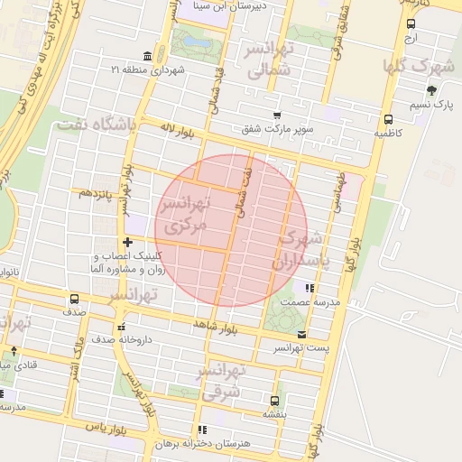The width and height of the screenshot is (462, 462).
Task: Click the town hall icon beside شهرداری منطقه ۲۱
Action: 147,55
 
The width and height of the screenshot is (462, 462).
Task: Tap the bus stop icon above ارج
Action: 411,24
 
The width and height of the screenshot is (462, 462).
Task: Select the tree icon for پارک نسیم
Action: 431,89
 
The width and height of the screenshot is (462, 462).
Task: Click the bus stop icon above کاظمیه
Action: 388,118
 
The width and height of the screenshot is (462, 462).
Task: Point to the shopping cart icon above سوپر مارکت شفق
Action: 276,115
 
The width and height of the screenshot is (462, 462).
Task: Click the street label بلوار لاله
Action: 177,133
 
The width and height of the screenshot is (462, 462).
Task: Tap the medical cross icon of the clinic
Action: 128,242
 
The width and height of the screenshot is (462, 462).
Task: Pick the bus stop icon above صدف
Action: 74,299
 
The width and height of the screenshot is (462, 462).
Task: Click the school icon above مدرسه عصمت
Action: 310,288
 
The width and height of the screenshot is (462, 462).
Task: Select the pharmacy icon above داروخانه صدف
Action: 121,327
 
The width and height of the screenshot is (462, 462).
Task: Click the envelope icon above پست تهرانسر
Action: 301,334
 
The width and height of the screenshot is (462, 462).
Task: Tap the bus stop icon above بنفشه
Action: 274,400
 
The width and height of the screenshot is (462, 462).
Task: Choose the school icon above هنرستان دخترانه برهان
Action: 201,430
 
